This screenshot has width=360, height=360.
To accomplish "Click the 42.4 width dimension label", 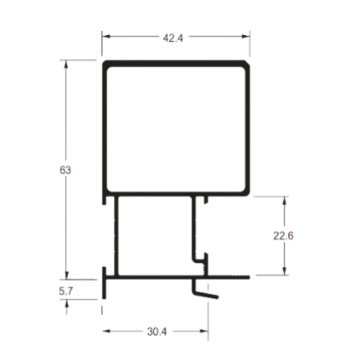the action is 173,39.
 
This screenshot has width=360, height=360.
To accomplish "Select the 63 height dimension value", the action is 65,170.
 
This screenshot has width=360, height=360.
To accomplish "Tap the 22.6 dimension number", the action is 283,236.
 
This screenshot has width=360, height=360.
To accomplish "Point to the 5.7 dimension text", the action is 66,291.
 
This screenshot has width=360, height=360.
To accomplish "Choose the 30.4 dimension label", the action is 157,332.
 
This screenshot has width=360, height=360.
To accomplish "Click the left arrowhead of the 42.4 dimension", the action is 106,36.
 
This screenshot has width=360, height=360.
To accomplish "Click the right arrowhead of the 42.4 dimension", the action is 245,36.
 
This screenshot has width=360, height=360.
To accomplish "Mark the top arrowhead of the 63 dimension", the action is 66,64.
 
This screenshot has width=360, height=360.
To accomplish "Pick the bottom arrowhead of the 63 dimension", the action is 66,275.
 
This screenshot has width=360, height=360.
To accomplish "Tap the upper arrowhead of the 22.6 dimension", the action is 285,201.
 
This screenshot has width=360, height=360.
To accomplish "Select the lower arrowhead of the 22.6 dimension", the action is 285,270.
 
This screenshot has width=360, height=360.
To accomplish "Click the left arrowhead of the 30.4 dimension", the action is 106,332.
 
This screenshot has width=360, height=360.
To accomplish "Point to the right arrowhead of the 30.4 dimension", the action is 204,332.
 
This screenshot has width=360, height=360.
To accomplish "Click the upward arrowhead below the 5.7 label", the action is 66,304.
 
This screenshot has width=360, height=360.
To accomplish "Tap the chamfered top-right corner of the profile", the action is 247,63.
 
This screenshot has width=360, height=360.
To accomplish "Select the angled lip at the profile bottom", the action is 205,294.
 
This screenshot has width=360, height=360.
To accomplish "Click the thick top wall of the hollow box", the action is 176,64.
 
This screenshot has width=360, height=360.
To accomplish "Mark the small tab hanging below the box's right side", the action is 206,200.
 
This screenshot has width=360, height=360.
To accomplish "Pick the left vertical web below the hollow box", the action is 116,236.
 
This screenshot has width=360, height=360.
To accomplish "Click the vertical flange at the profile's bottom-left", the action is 104,283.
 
